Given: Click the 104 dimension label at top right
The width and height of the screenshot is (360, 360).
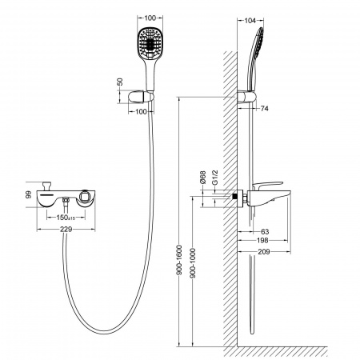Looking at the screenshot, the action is tap(250, 21).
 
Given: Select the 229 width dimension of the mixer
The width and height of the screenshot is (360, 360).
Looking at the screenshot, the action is tap(66, 229).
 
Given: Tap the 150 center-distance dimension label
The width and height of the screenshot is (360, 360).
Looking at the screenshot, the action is tap(66, 218).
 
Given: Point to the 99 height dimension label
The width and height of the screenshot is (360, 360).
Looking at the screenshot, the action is tap(29, 194).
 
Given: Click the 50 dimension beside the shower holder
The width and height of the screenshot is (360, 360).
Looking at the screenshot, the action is tap(120, 82).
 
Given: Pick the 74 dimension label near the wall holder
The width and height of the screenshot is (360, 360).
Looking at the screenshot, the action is tap(264, 108).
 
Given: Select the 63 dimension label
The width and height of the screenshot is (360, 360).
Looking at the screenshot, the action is tap(265, 231).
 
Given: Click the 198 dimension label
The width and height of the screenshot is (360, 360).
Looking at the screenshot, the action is tap(262, 240).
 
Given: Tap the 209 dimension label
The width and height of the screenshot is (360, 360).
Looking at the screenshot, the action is tap(264, 251).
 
